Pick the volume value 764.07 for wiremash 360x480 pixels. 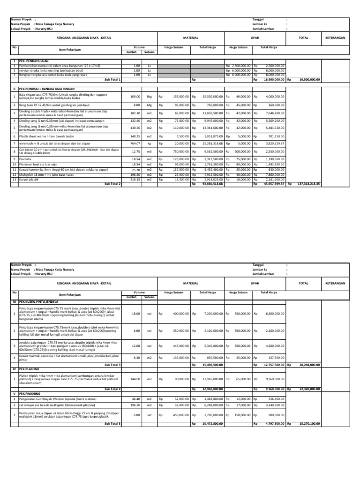pyautogui.click(x=135, y=130)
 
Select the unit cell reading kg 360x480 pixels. pyautogui.click(x=149, y=130)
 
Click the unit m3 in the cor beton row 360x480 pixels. pyautogui.click(x=149, y=138)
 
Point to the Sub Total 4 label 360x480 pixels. pyautogui.click(x=112, y=389)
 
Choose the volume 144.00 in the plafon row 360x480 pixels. pyautogui.click(x=135, y=379)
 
